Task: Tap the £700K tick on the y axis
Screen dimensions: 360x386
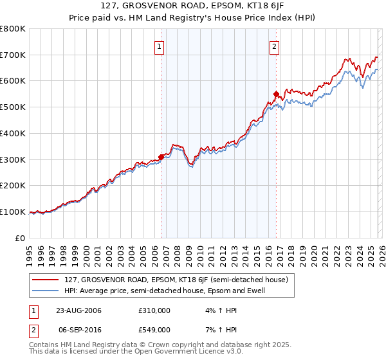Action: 13,55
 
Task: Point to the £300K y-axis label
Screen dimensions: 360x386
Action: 13,159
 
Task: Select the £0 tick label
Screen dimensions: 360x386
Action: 21,238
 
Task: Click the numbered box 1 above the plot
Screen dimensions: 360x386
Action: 159,46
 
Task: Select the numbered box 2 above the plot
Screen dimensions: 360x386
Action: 274,46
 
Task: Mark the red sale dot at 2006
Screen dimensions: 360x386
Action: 161,156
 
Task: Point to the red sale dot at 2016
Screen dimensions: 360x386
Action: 276,94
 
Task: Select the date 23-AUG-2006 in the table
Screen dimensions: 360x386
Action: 78,310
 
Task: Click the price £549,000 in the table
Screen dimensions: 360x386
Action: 154,329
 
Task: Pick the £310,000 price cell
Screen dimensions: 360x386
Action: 154,310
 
